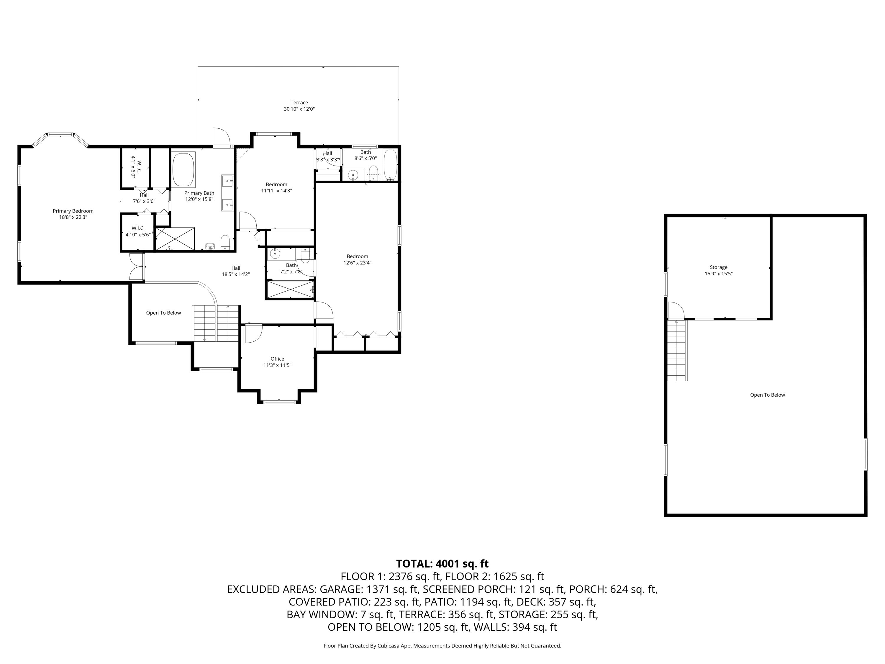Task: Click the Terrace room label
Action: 299,102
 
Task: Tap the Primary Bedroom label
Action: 73,211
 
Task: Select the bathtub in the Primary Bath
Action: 183,170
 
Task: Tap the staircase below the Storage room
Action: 677,351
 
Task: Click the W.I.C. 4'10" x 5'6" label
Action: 138,231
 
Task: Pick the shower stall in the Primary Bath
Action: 175,239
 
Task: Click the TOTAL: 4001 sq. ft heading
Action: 442,564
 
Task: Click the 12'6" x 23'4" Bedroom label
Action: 357,260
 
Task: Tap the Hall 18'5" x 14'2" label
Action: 236,272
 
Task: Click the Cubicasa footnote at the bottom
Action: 442,646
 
